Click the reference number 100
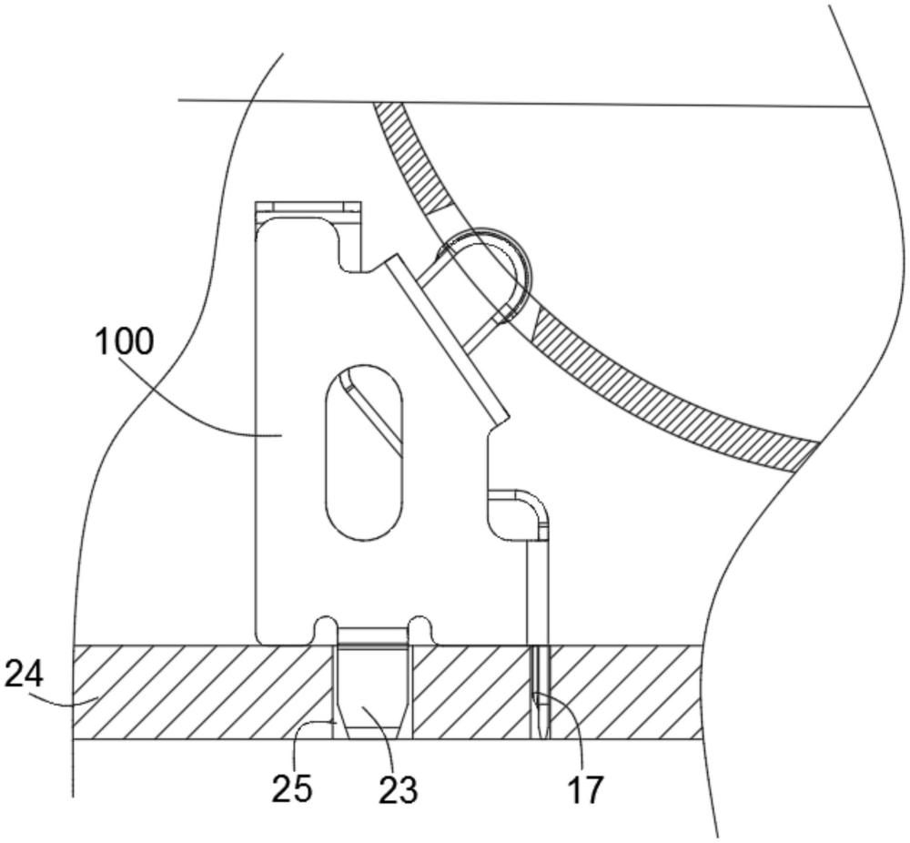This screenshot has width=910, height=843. [124, 341]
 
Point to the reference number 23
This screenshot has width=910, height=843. [399, 789]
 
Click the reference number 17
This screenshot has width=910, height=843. [585, 789]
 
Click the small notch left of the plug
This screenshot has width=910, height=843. [325, 629]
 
